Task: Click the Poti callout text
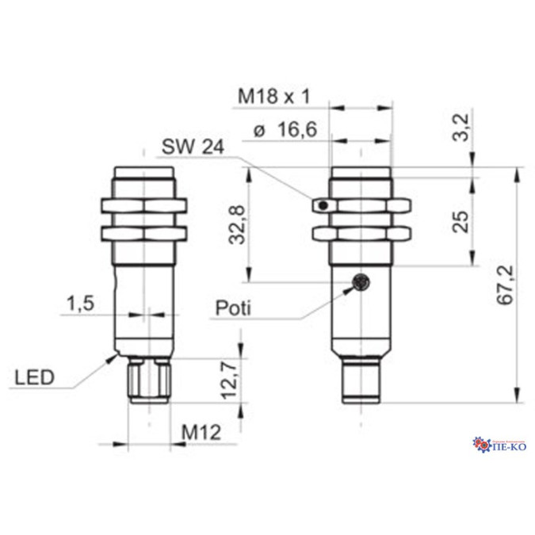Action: [x=231, y=308]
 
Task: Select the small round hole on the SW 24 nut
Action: [x=322, y=206]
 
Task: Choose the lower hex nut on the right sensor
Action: [x=361, y=234]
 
